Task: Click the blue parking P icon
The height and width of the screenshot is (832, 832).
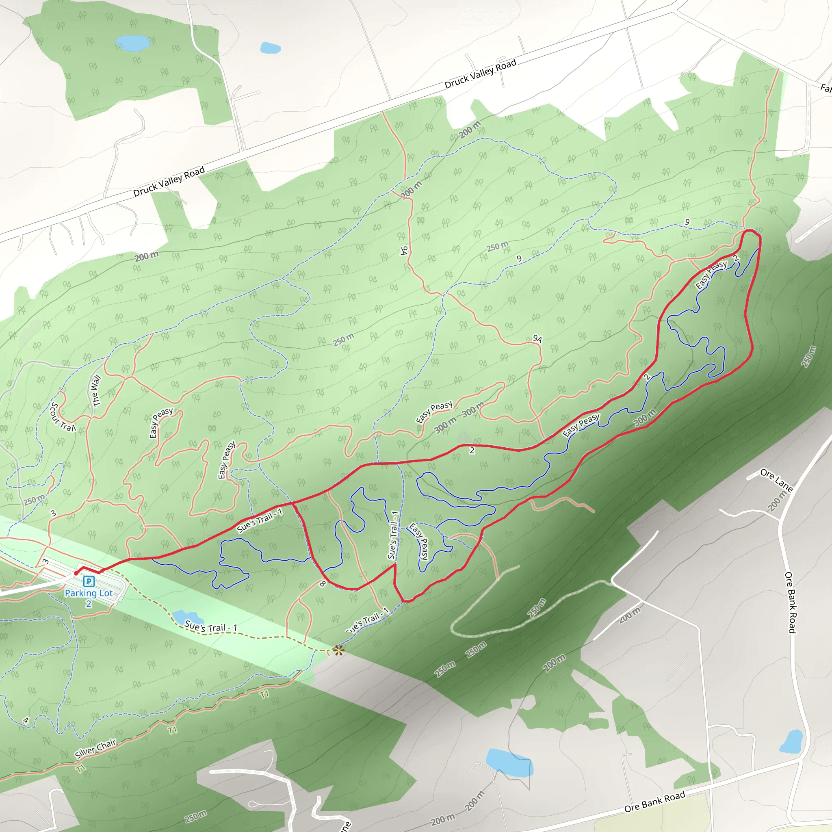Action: click(89, 581)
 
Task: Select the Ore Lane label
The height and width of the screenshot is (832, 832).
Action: click(776, 480)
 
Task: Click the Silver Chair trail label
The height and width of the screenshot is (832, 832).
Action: click(95, 748)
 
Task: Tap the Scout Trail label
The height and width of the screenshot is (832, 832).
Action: click(62, 417)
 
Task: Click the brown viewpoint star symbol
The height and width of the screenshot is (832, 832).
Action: click(338, 650)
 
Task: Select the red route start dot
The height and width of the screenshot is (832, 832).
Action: click(76, 573)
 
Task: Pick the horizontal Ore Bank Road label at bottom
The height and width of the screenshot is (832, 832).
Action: click(654, 802)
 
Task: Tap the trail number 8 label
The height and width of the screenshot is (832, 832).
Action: click(323, 584)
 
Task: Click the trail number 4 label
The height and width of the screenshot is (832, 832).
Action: click(26, 720)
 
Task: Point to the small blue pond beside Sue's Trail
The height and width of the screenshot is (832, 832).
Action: click(182, 617)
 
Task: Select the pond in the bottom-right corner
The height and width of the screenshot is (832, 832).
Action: click(791, 741)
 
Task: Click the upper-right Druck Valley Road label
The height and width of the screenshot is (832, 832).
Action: click(480, 74)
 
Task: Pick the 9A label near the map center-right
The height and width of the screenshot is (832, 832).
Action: click(537, 338)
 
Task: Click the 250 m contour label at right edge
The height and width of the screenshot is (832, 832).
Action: click(808, 357)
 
